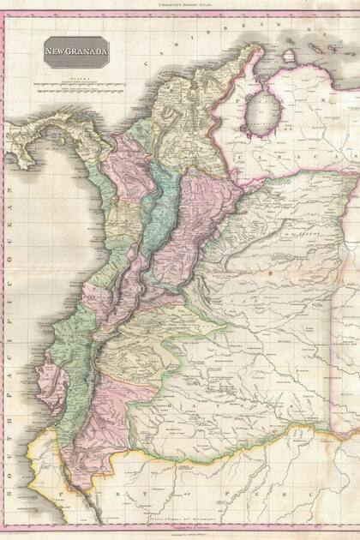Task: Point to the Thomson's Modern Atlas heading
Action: coord(179,4)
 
